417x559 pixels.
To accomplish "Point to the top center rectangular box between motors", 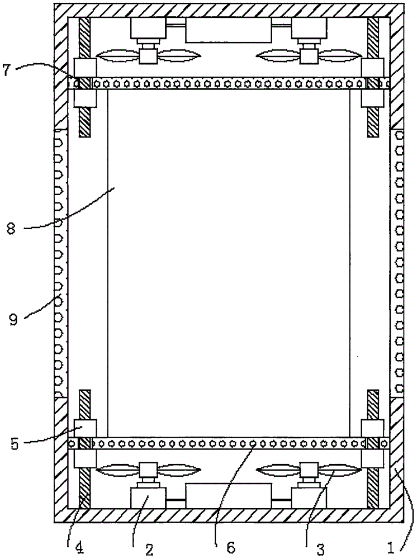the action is tap(228, 30).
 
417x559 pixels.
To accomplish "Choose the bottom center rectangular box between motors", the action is tap(228, 496).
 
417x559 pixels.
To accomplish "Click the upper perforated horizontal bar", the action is tap(228, 83).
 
